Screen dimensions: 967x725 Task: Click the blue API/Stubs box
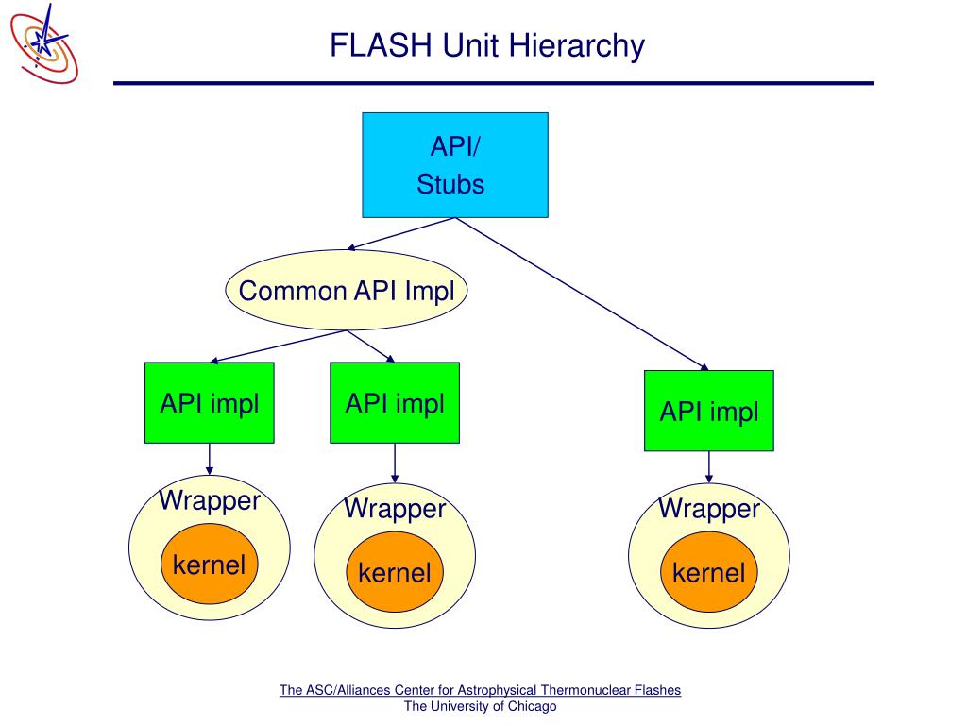pos(455,165)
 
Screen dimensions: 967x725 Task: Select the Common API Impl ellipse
pos(347,290)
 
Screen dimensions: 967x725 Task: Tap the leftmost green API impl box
pos(210,402)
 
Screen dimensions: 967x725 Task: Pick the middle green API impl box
pos(395,402)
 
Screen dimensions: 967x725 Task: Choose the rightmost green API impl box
pos(709,411)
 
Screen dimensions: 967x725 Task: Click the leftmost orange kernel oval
pos(210,565)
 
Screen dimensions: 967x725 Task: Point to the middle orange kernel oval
pos(395,572)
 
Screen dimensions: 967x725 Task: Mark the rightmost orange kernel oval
pos(709,572)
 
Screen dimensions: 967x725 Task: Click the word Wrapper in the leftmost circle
pos(210,500)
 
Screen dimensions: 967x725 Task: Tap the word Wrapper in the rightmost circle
pos(709,509)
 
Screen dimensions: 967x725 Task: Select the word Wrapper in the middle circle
pos(395,509)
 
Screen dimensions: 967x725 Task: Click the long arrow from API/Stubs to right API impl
pos(582,295)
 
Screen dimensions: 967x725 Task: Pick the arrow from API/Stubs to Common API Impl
pos(400,234)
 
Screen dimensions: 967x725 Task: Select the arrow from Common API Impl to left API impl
pos(279,346)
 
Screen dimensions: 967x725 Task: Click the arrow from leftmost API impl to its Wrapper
pos(210,459)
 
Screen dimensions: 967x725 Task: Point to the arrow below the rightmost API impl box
pos(709,466)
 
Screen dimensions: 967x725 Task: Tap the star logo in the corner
pos(44,43)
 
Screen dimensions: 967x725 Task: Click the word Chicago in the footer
pos(532,706)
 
